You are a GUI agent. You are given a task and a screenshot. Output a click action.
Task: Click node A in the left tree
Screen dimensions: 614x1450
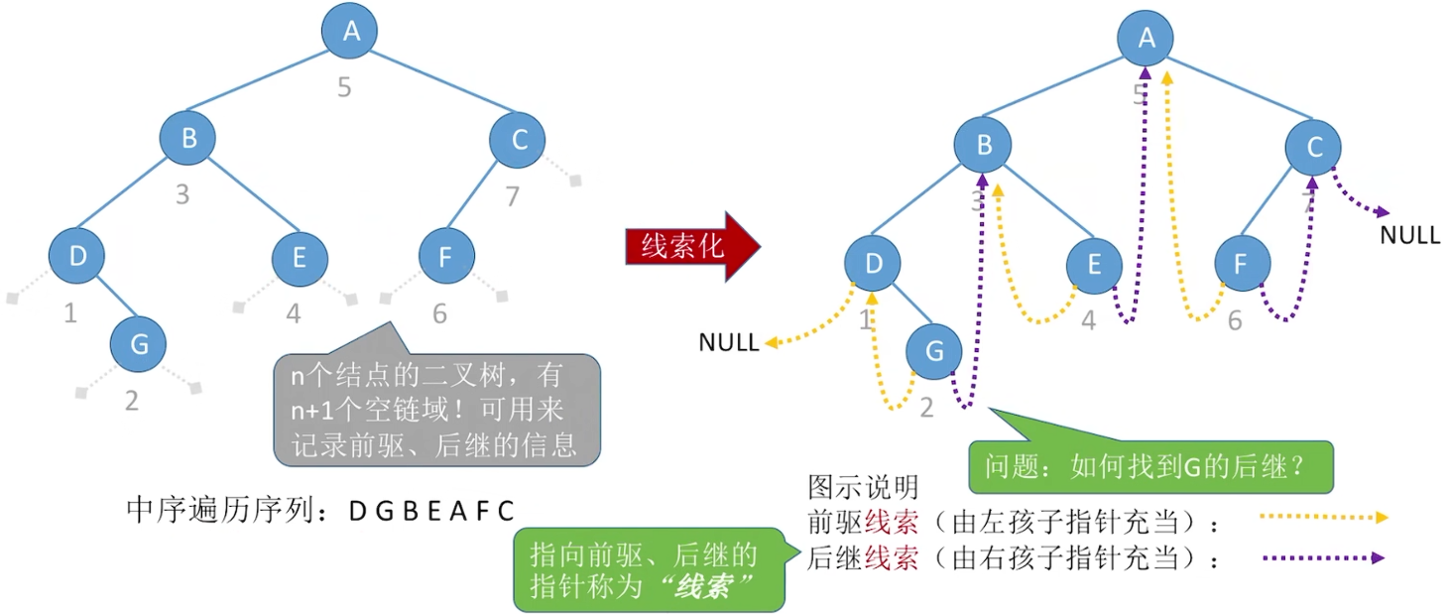coord(350,31)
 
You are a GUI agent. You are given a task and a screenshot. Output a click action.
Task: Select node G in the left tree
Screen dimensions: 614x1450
coord(139,344)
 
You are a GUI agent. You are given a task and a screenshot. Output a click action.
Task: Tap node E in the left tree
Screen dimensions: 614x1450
coord(301,259)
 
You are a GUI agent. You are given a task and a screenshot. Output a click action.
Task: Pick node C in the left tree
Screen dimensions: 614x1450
coord(518,140)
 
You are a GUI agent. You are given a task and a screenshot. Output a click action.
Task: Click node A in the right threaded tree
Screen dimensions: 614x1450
coord(1146,39)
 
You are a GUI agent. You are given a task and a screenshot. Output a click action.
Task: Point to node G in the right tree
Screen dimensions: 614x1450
coord(934,351)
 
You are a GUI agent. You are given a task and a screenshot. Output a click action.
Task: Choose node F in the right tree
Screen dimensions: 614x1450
coord(1243,265)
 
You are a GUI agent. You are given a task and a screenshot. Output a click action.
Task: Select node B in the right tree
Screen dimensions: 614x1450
coord(983,146)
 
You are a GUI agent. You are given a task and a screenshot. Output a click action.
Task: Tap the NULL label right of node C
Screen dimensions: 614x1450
coord(1409,237)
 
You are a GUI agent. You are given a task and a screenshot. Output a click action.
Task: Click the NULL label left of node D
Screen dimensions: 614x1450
coord(729,343)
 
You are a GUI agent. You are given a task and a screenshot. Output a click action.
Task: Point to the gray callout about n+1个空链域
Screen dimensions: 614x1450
coord(436,409)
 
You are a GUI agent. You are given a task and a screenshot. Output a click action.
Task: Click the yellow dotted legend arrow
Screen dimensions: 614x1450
coord(1324,517)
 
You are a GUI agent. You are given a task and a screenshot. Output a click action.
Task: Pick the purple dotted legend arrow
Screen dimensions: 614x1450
coord(1324,558)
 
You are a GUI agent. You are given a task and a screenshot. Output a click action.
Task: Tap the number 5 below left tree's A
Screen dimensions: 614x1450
coord(344,87)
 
